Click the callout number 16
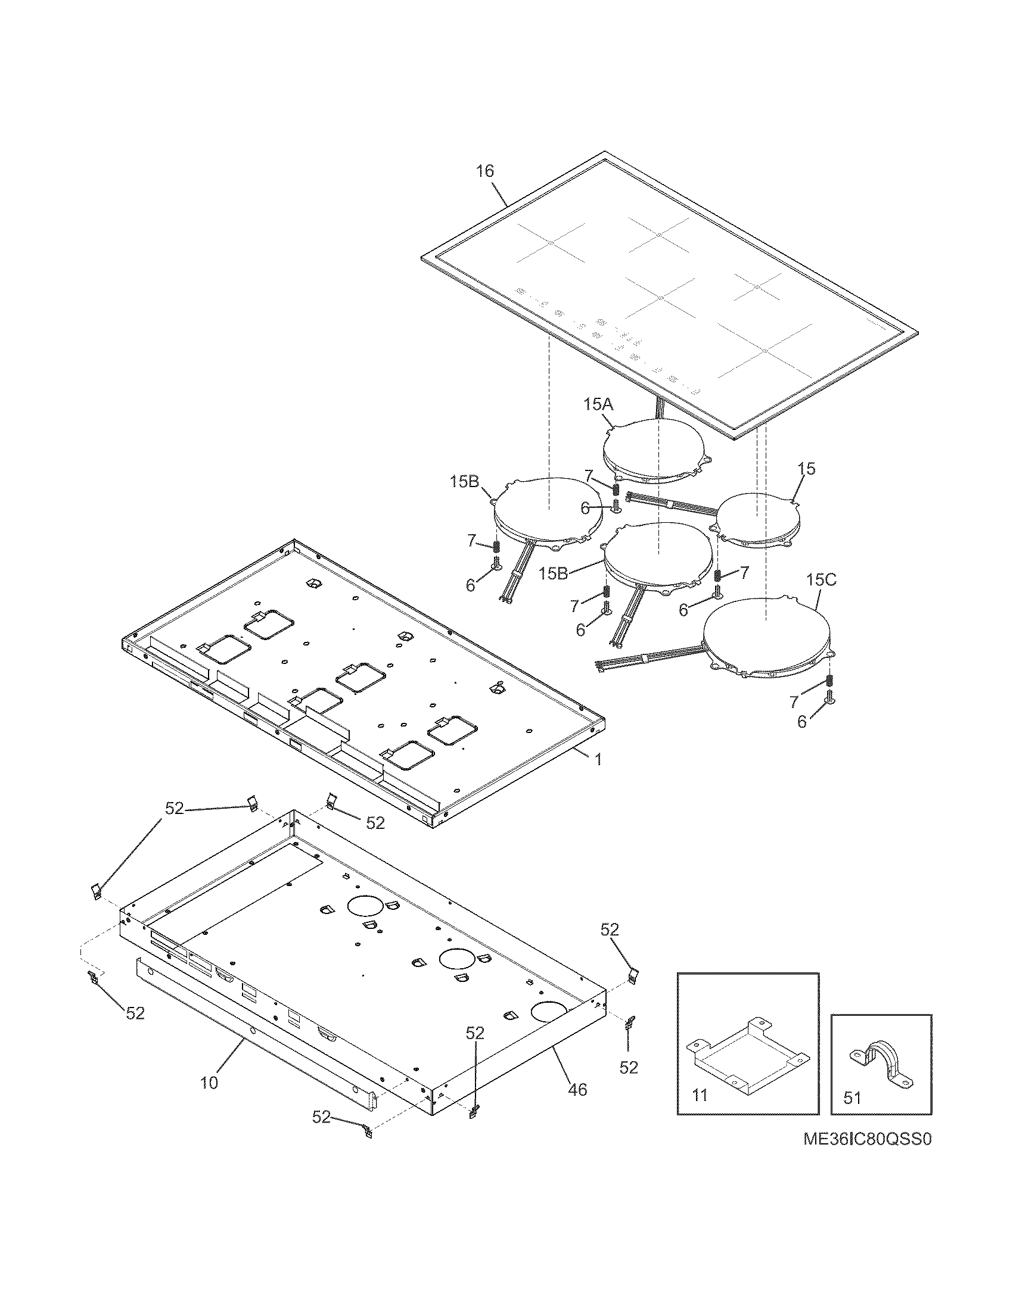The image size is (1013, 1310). click(x=484, y=171)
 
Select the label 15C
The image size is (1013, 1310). click(x=821, y=580)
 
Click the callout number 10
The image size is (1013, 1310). click(x=209, y=1083)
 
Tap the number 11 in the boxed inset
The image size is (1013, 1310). click(x=700, y=1095)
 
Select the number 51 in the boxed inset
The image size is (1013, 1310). click(x=852, y=1097)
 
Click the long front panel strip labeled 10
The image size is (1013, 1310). click(x=252, y=1031)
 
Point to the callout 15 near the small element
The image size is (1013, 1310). click(x=807, y=469)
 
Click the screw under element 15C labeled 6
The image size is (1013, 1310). click(x=831, y=697)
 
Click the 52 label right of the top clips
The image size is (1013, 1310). click(x=375, y=824)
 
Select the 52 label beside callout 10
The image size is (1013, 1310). click(x=321, y=1116)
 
